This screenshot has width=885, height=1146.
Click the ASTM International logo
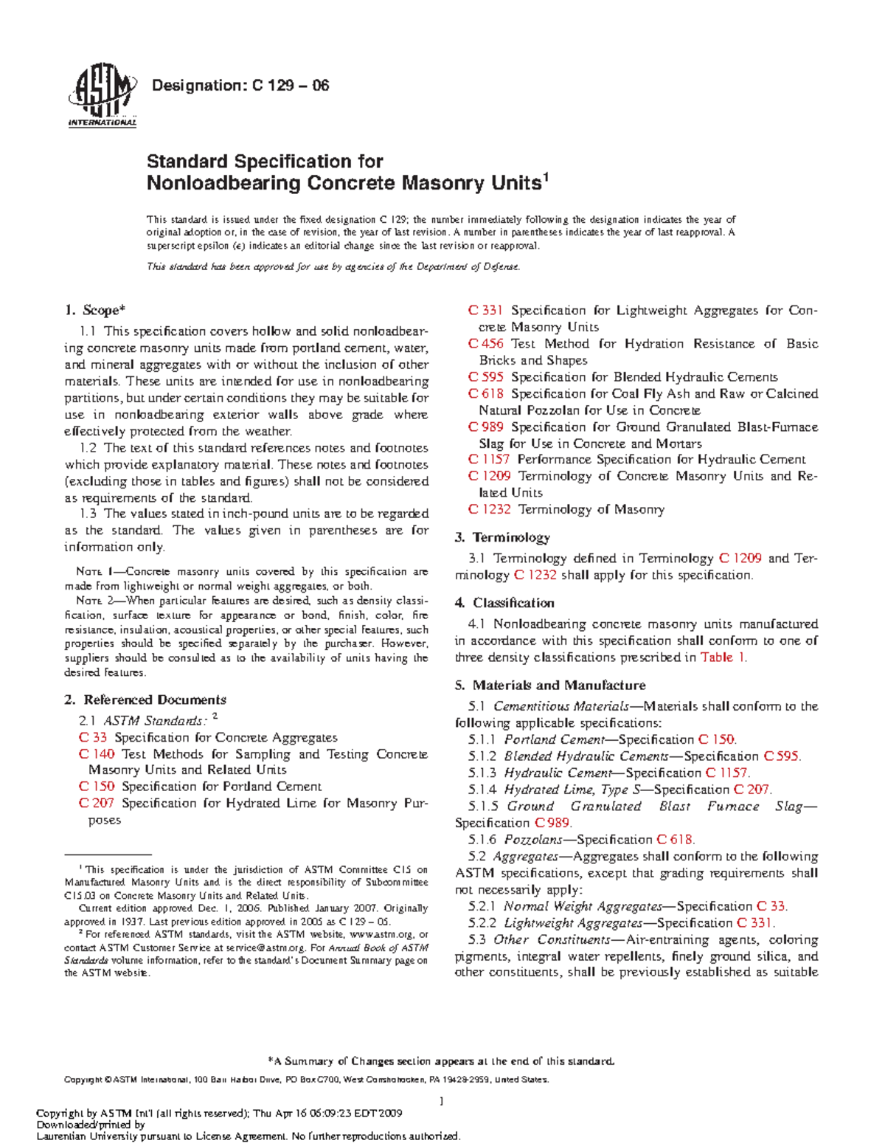click(102, 100)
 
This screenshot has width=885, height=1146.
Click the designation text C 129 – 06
click(240, 86)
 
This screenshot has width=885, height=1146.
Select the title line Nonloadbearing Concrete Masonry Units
click(344, 183)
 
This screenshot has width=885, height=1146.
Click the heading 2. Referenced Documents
click(145, 700)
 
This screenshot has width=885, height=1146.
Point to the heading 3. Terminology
click(502, 537)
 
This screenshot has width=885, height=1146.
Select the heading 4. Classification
click(504, 603)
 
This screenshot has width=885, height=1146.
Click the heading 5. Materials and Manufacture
click(549, 686)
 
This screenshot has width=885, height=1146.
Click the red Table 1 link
click(723, 657)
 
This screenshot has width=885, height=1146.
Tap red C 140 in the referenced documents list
click(97, 754)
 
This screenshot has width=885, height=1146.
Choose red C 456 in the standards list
click(486, 344)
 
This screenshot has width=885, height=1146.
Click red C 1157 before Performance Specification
click(489, 459)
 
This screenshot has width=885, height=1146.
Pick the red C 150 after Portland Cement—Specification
click(716, 739)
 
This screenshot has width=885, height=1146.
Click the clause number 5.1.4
click(482, 790)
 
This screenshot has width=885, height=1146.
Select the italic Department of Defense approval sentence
click(333, 267)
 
